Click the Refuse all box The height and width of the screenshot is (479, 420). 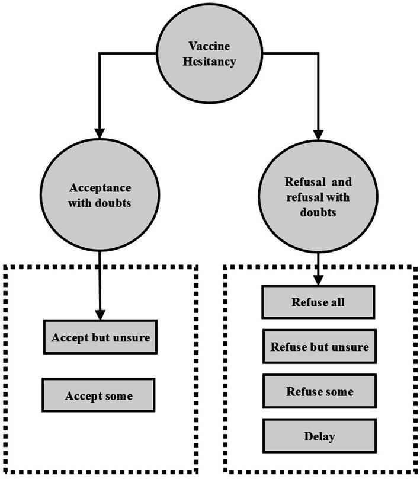click(319, 302)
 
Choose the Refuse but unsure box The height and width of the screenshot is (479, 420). click(319, 347)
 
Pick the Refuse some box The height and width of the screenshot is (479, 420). click(319, 391)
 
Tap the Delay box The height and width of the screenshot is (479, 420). click(319, 437)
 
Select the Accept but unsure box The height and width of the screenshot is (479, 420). click(100, 337)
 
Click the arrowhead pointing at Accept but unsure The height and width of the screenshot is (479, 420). click(100, 314)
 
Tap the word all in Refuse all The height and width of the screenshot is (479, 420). click(336, 302)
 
